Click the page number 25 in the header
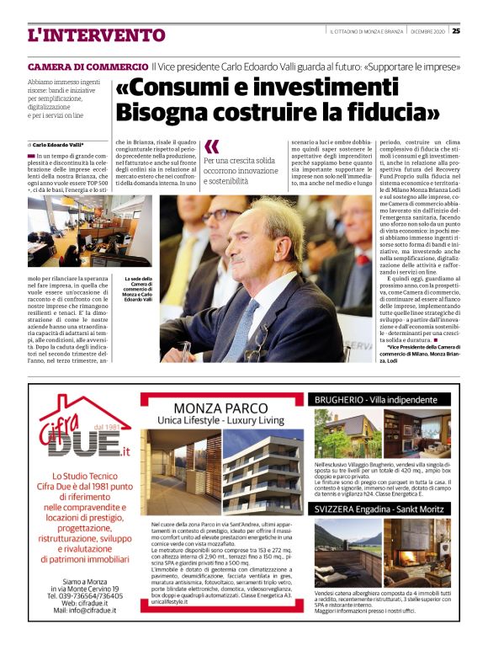click(x=455, y=31)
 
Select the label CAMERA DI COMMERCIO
click(x=88, y=66)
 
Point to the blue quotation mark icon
click(x=212, y=147)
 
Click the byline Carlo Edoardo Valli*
click(x=58, y=145)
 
